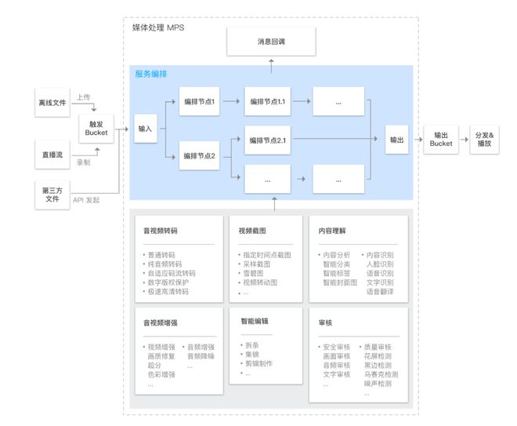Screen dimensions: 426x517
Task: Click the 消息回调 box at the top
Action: (273, 42)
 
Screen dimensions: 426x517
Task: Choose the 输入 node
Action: (146, 128)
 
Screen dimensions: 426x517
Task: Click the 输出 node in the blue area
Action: (398, 140)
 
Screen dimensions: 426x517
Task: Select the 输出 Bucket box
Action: (441, 140)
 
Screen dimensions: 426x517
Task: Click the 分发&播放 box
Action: (484, 140)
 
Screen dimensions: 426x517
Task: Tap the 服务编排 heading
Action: (150, 74)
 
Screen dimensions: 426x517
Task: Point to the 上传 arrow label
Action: (84, 97)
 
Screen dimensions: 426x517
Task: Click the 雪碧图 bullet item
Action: (256, 273)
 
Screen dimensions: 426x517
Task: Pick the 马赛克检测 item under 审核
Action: (381, 374)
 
